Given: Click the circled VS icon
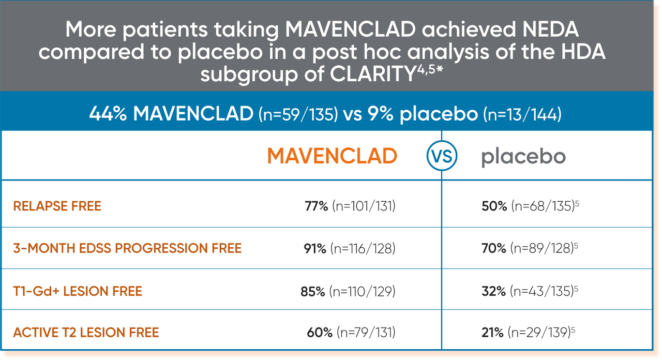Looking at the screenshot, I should click(442, 156).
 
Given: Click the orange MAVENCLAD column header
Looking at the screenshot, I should click(332, 156).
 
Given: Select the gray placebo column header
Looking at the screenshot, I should click(523, 157).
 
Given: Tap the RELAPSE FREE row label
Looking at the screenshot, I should click(57, 206).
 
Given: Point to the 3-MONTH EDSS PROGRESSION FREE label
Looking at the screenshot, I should click(127, 248).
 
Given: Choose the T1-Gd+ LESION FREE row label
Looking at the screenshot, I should click(78, 291).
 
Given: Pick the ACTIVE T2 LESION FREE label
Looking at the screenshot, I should click(86, 332).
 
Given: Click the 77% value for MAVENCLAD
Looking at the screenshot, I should click(316, 206).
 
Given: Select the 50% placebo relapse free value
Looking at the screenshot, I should click(493, 206).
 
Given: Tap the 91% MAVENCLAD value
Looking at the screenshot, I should click(315, 248).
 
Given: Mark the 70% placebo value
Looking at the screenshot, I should click(493, 248).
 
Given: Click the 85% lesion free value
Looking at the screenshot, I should click(313, 291).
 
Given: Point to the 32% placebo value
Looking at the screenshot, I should click(493, 291).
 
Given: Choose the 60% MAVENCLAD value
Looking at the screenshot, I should click(320, 332).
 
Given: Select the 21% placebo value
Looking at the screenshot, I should click(492, 332).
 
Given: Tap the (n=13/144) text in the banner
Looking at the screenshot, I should click(522, 115).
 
